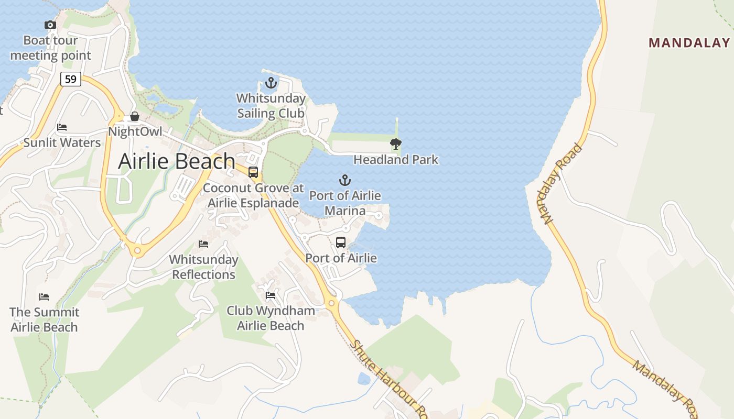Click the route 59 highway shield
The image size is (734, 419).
tap(71, 80)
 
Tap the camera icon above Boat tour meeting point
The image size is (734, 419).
tap(50, 25)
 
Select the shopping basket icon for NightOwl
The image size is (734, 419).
tap(135, 116)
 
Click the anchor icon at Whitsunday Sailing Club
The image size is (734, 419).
tap(271, 83)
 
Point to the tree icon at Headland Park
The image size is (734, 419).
tap(396, 144)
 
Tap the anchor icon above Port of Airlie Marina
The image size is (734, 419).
tap(344, 181)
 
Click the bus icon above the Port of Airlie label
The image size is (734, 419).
tap(341, 242)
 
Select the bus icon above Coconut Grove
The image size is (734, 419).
tap(253, 172)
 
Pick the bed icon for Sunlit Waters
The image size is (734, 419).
tap(62, 127)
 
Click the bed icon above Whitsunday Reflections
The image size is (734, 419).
tap(203, 244)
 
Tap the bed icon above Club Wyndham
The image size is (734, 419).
tap(271, 295)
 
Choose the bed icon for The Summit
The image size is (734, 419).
tap(44, 297)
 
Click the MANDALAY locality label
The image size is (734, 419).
tap(689, 43)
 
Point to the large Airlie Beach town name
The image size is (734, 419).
tap(177, 161)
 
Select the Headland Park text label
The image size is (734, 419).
tap(396, 159)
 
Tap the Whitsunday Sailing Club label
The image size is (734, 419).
tap(271, 106)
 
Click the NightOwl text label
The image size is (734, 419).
tap(135, 131)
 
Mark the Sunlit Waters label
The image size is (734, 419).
tap(62, 142)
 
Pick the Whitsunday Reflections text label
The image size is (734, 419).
tap(203, 267)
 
